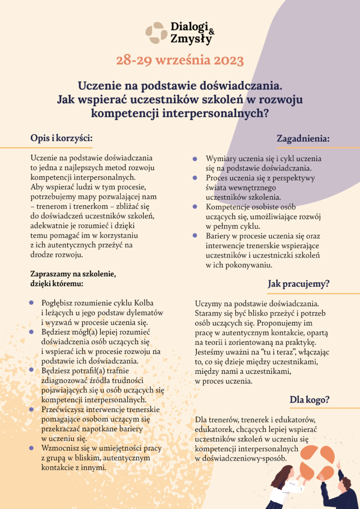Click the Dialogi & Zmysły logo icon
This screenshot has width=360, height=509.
coord(156,33)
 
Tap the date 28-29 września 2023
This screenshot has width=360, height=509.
coord(180,61)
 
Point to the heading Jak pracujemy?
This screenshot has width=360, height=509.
coord(298,284)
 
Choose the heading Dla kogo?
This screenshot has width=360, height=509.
coord(310,399)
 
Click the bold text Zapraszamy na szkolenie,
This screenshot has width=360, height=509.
coord(73,274)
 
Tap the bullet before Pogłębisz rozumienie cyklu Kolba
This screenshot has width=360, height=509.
coord(31,302)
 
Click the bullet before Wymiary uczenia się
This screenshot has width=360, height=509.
coord(194,159)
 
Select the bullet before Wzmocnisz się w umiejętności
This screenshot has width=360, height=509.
coord(31,448)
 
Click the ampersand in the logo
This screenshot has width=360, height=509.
coord(212,31)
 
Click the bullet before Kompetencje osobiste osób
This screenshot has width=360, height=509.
coord(194,207)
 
